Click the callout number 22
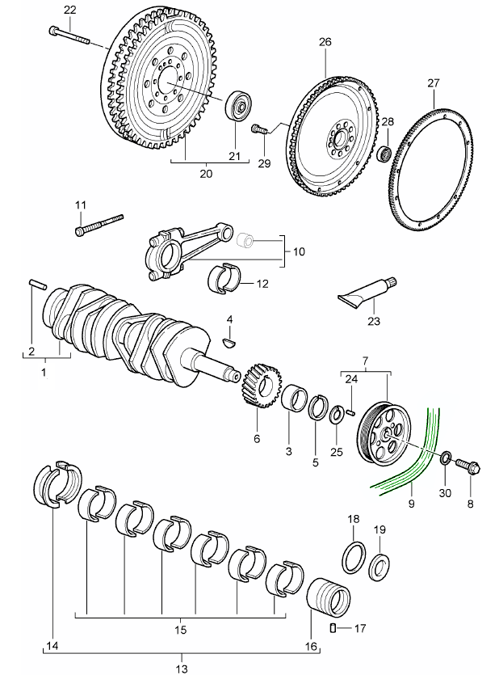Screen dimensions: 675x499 click(69, 10)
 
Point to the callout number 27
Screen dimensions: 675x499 click(433, 83)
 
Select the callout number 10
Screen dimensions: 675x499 click(299, 252)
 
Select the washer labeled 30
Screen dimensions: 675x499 click(445, 459)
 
